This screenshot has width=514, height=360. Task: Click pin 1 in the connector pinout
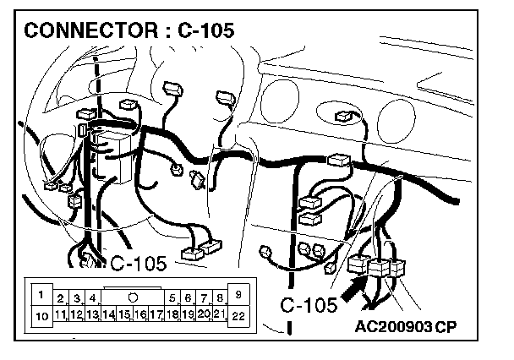[40, 294]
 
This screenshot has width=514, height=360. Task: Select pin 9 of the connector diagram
[238, 294]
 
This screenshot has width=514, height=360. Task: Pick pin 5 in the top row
[172, 298]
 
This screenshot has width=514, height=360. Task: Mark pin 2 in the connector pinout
[61, 298]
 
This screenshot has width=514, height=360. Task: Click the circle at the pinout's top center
[134, 297]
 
